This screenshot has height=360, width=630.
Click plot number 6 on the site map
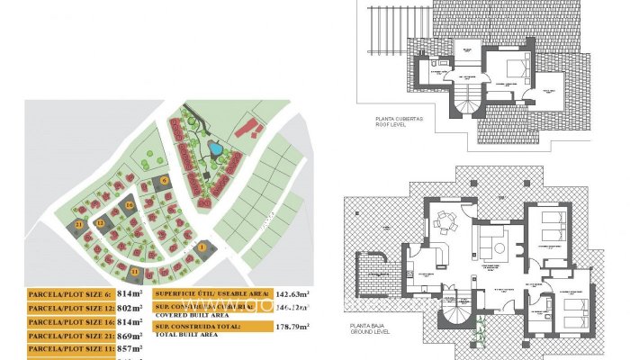[x=165, y=181]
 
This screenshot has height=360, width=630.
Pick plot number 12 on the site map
[x=101, y=223]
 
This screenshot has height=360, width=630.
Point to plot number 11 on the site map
[x=135, y=270]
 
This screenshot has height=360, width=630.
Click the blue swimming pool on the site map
[x=214, y=148]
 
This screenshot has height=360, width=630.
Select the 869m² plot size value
[x=130, y=335]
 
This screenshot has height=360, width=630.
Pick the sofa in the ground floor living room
[x=492, y=241]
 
